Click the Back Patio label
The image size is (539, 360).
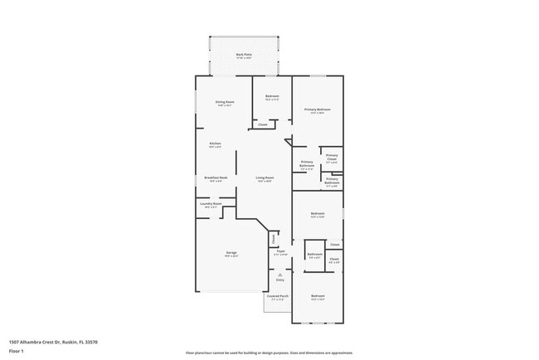[244, 55]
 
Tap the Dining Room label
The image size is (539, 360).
[226, 103]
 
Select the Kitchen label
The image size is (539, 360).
[215, 144]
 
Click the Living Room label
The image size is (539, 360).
[265, 178]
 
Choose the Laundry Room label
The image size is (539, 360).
[211, 204]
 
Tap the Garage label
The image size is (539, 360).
[231, 253]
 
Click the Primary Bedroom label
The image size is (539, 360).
[318, 109]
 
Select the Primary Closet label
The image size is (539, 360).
[331, 157]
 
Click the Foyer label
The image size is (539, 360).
[281, 252]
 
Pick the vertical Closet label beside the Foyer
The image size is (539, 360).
[273, 239]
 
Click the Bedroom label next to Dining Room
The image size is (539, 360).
[272, 97]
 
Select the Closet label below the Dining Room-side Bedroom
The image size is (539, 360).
[262, 124]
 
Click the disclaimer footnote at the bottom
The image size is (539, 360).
[269, 353]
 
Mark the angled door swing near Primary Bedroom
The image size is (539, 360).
[288, 142]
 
